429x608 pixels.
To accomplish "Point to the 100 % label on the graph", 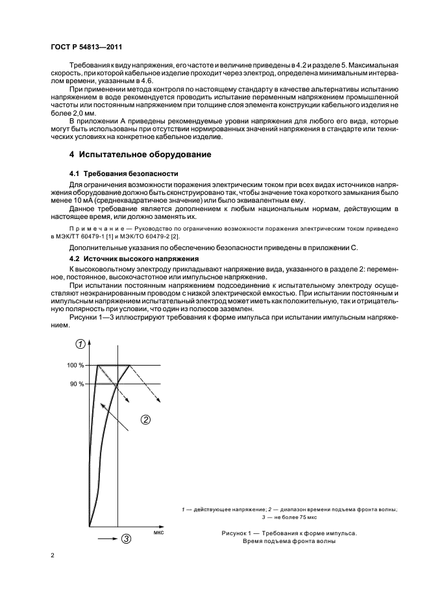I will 75,365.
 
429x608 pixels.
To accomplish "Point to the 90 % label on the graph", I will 77,384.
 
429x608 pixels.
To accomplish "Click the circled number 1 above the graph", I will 80,344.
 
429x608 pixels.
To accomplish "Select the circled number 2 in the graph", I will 145,419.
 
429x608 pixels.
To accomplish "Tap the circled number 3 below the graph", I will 126,538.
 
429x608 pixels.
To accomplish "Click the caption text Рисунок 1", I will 238,533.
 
